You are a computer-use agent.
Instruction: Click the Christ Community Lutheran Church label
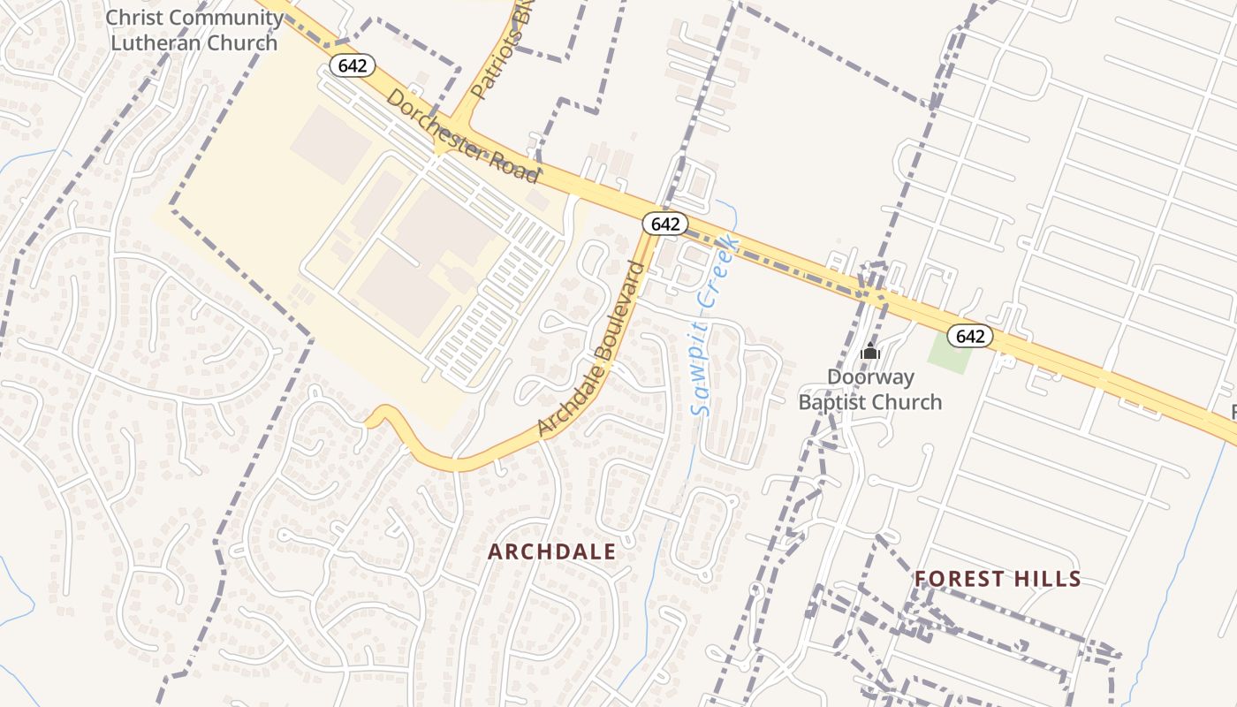pos(194,30)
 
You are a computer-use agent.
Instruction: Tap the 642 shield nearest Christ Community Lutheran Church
pos(353,65)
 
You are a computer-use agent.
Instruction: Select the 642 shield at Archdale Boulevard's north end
pos(664,224)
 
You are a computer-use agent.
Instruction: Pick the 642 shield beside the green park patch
pos(970,336)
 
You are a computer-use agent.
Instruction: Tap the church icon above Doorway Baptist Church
pos(870,352)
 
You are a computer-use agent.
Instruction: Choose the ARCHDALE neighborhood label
pos(552,551)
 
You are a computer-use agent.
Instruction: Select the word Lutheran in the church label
pos(158,42)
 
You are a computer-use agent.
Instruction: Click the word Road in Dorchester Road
pos(517,166)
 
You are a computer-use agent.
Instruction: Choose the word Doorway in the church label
pos(870,377)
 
